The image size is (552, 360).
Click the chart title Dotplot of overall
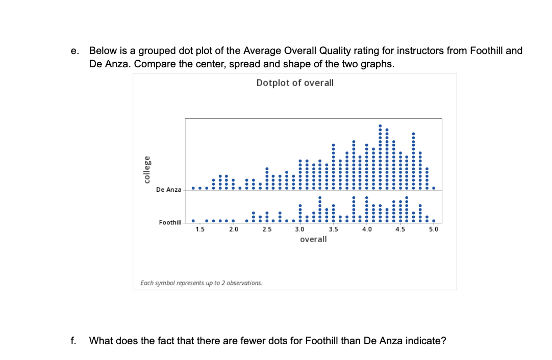click(295, 83)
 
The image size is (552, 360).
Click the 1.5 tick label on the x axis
click(200, 229)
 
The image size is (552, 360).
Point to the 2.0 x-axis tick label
click(233, 229)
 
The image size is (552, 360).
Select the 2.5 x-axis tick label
click(267, 229)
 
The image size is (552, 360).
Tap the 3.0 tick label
click(300, 229)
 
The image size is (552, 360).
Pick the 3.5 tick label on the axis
click(334, 229)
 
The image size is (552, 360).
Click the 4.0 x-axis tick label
click(367, 229)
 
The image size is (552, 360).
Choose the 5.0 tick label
click(434, 229)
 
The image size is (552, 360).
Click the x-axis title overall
click(313, 239)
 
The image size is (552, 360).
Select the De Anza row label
click(168, 189)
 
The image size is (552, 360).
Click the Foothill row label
click(170, 222)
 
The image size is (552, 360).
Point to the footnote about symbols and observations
click(201, 282)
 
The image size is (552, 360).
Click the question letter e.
click(75, 51)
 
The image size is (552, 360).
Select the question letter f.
click(74, 341)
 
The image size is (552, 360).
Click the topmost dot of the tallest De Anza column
click(380, 125)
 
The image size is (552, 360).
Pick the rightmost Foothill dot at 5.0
click(434, 221)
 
